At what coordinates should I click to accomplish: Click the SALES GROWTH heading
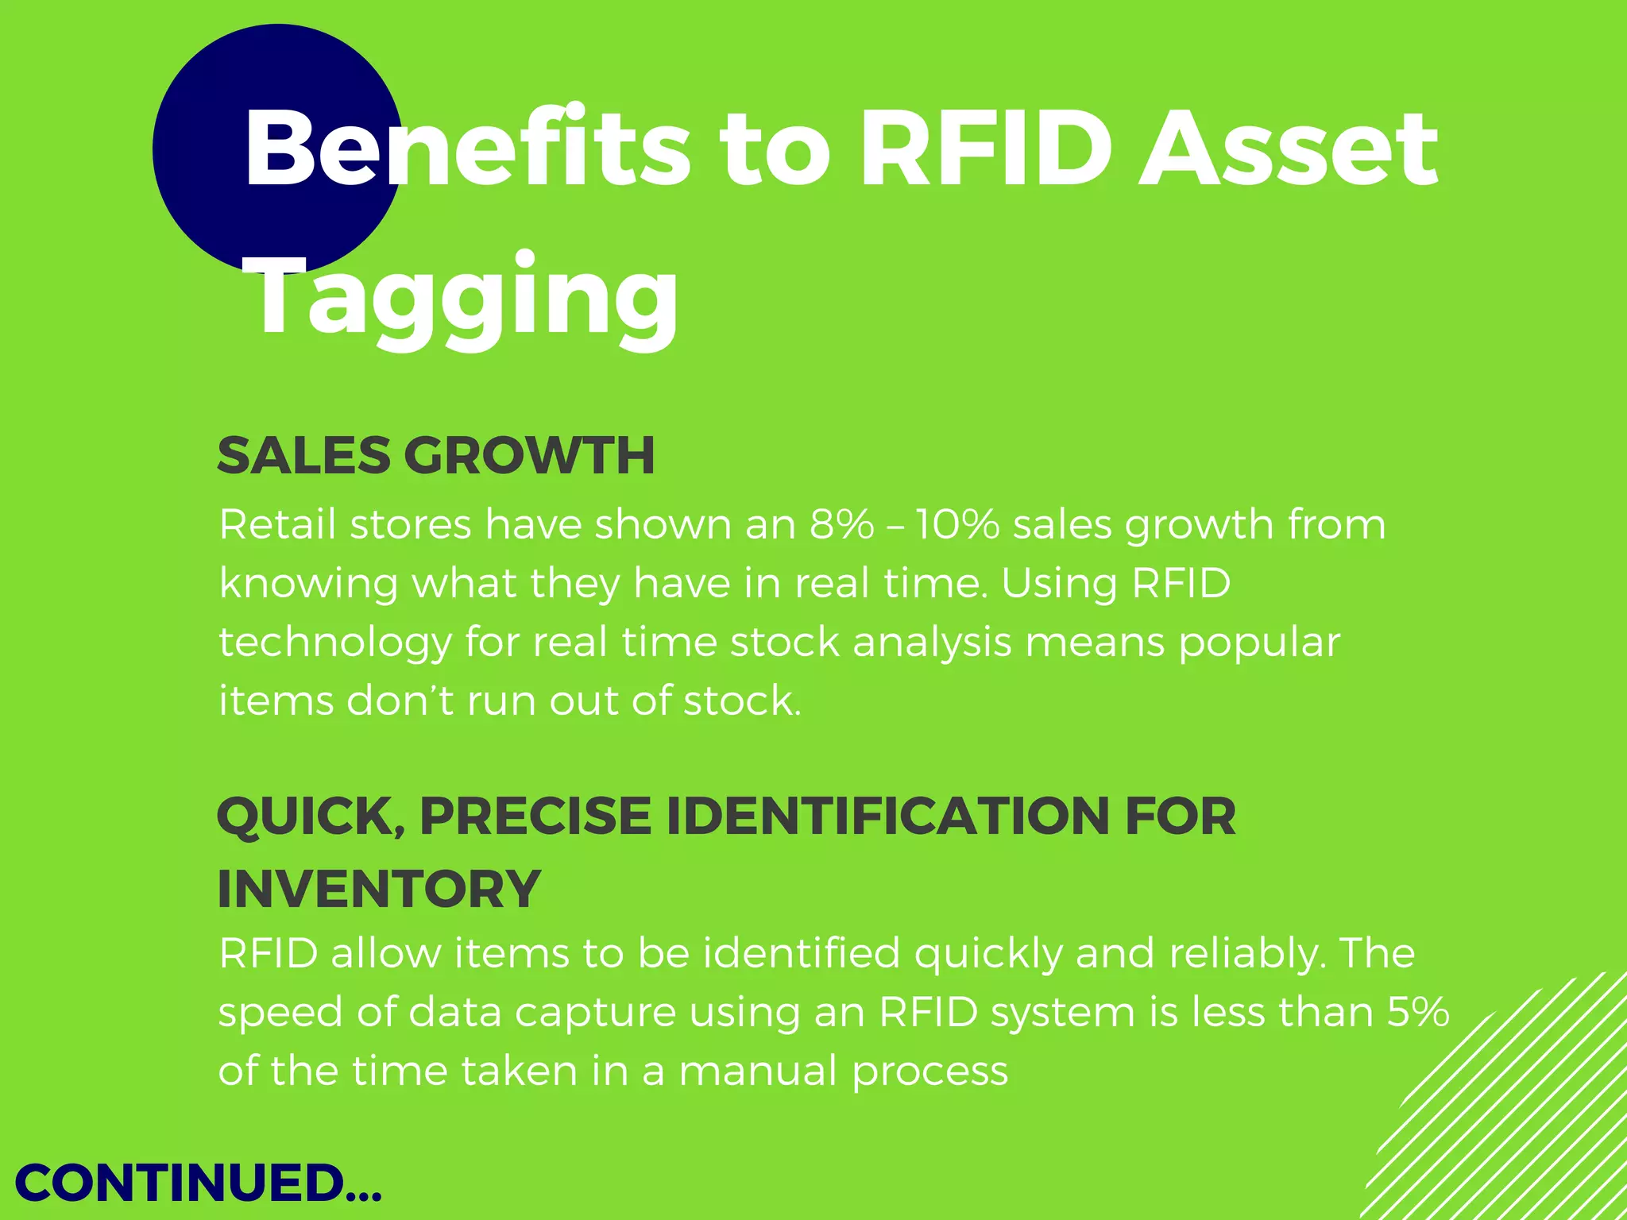pos(436,456)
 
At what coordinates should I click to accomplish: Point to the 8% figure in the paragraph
pos(841,525)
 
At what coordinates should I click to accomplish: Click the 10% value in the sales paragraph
pos(956,525)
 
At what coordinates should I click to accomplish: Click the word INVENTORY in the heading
pos(379,889)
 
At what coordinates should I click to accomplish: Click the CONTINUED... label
pos(199,1183)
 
